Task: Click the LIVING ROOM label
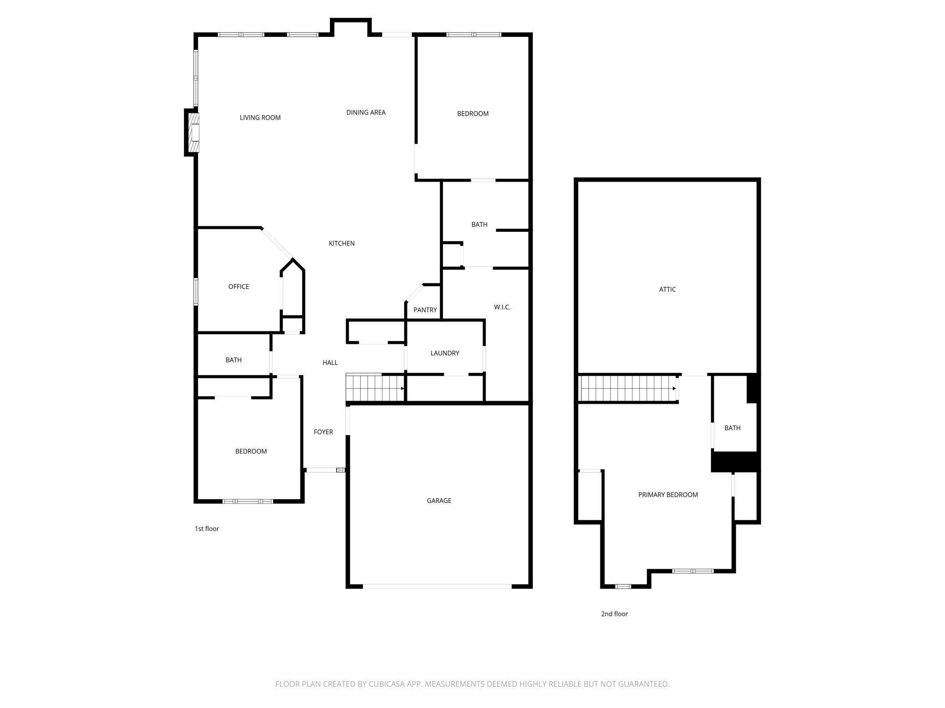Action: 260,118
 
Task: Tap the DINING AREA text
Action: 365,112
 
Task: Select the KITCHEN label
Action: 341,243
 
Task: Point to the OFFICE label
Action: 239,287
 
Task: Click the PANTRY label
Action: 425,310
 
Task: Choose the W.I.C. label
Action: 502,307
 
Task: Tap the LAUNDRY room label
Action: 444,353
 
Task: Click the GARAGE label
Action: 439,501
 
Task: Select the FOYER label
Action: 323,432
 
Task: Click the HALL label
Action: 330,363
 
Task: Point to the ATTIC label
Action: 667,289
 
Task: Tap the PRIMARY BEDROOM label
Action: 668,495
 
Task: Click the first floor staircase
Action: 375,388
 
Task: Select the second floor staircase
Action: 628,389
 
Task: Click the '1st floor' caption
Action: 207,529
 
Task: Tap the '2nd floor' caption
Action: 614,614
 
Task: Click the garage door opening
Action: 437,586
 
